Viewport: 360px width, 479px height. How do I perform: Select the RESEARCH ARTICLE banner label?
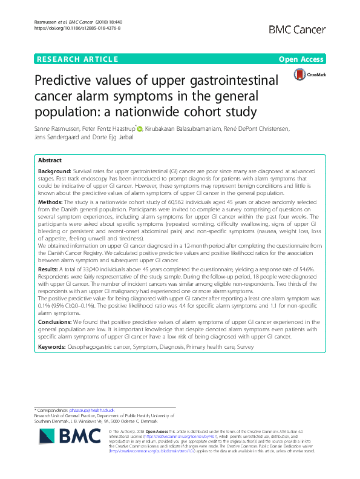click(x=77, y=59)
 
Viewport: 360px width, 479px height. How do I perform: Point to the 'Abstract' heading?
click(x=50, y=161)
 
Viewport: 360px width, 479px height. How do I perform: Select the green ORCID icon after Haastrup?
click(x=139, y=129)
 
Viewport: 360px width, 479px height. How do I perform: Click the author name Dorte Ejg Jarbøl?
click(x=117, y=139)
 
